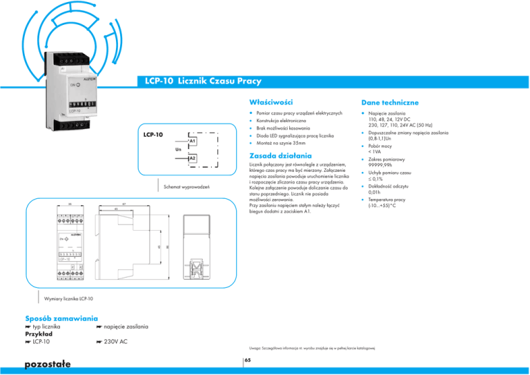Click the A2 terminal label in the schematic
[193, 159]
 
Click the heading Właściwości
[260, 102]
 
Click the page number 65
[247, 360]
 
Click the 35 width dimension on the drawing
[61, 204]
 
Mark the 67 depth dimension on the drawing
[124, 204]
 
